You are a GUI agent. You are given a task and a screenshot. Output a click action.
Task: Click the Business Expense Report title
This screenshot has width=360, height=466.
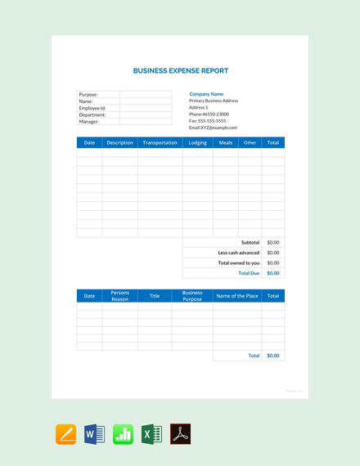(x=181, y=71)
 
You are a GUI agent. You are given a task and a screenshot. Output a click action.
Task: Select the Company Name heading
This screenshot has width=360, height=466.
(x=206, y=94)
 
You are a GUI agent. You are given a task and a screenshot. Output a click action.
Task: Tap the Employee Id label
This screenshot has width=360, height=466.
(x=92, y=108)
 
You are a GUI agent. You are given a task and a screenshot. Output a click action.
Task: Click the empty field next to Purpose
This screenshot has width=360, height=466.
(x=146, y=95)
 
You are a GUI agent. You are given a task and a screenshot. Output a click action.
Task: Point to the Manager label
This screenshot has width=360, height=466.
(x=89, y=122)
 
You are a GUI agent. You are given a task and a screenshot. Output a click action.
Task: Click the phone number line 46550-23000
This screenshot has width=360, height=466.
(x=209, y=114)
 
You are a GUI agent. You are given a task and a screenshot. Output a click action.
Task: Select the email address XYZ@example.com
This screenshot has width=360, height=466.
(x=213, y=128)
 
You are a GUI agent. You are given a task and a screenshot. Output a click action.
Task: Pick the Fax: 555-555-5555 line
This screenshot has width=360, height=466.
(x=207, y=121)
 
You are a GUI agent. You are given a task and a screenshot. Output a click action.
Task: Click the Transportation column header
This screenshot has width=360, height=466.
(x=160, y=143)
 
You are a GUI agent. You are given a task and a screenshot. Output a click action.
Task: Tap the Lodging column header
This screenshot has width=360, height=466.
(x=198, y=143)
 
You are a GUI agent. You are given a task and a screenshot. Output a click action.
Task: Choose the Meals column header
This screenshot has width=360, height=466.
(x=226, y=143)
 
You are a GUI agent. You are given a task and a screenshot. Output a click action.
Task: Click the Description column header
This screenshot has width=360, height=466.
(x=119, y=143)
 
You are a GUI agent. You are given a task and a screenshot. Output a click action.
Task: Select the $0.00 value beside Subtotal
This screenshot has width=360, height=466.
(x=273, y=243)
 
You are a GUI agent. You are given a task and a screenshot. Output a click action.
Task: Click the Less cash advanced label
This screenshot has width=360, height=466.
(x=238, y=253)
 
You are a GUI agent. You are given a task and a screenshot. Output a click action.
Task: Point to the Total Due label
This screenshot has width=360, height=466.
(x=249, y=273)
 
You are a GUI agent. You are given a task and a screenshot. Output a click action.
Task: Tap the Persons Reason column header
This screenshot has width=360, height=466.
(x=119, y=296)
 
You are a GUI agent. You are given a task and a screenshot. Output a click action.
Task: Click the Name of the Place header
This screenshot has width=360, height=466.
(x=237, y=296)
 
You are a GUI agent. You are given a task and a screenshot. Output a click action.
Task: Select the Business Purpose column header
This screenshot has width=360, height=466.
(x=192, y=296)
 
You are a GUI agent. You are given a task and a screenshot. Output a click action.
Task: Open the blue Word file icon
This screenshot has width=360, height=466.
(x=95, y=434)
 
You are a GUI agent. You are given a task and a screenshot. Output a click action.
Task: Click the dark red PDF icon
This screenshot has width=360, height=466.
(x=180, y=434)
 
